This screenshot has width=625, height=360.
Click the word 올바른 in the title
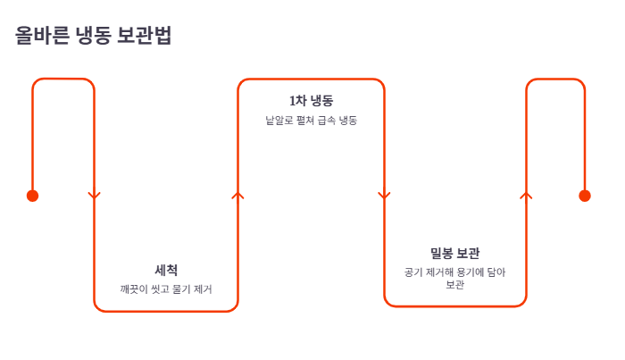coord(42,35)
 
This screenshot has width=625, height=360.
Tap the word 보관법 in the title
coord(145,35)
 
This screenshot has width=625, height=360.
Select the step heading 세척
coord(166,271)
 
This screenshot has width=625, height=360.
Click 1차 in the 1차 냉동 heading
coord(297,100)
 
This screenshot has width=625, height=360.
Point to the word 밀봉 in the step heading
coord(441,253)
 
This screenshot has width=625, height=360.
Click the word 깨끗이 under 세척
coord(134,289)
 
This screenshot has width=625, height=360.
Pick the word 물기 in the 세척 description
coord(181,289)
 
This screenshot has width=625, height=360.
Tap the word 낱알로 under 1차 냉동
coord(279,120)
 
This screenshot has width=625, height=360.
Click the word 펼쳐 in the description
coord(305,120)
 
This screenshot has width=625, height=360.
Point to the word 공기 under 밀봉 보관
coord(413,272)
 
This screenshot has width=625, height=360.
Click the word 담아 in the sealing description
coord(496,272)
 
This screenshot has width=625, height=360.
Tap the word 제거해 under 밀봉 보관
coord(439,272)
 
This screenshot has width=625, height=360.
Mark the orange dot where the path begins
coord(33,196)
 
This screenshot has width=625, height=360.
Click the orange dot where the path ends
coord(585,196)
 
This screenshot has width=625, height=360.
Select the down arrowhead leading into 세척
coord(95,196)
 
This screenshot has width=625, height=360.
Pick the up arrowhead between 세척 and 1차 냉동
coord(238,196)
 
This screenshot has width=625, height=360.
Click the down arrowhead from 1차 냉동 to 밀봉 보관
coord(384,196)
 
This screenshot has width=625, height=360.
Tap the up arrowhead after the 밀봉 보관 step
coord(526,196)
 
